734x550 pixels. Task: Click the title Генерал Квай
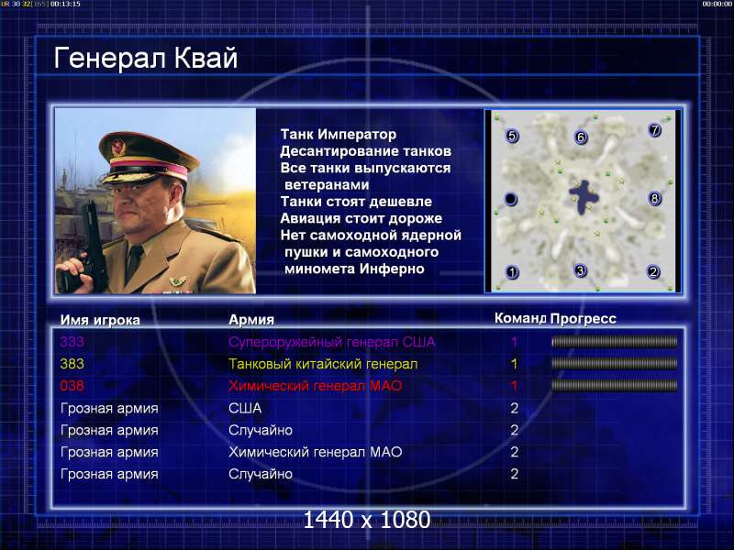(x=146, y=58)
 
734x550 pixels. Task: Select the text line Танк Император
(x=339, y=135)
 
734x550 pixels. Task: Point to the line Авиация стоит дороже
(x=361, y=218)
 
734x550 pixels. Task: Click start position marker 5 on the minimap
(x=512, y=136)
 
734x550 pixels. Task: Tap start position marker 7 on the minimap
(x=654, y=129)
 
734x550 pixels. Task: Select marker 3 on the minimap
(x=581, y=270)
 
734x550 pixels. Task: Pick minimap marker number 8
(x=654, y=199)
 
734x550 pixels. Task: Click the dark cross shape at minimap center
(x=583, y=196)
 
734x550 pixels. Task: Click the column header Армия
(x=251, y=320)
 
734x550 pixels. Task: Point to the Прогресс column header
(x=584, y=319)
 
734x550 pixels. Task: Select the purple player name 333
(x=72, y=342)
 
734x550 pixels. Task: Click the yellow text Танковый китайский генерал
(x=323, y=364)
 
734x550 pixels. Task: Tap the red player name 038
(x=72, y=386)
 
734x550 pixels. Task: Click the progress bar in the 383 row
(x=615, y=363)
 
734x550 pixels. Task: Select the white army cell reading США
(x=245, y=408)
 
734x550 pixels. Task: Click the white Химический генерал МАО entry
(x=315, y=452)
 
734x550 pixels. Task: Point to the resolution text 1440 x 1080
(x=366, y=520)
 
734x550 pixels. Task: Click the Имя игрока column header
(x=100, y=320)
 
